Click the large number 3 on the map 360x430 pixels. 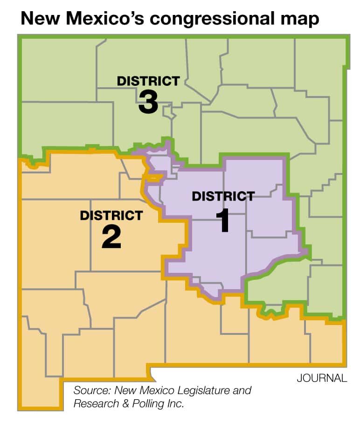pos(148,102)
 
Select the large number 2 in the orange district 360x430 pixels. pos(111,237)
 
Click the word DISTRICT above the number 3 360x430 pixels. pos(148,81)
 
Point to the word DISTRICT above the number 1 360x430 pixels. pos(223,196)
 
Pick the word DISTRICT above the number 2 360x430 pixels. pos(111,215)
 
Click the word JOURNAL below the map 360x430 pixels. pos(322,378)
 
